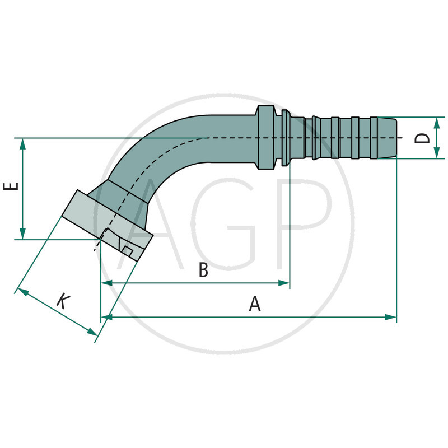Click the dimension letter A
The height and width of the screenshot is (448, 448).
[x=255, y=304]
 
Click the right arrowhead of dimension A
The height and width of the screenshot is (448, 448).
[x=391, y=317]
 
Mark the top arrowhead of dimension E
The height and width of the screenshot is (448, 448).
[x=23, y=143]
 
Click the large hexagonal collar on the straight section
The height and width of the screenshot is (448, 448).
[x=267, y=137]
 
